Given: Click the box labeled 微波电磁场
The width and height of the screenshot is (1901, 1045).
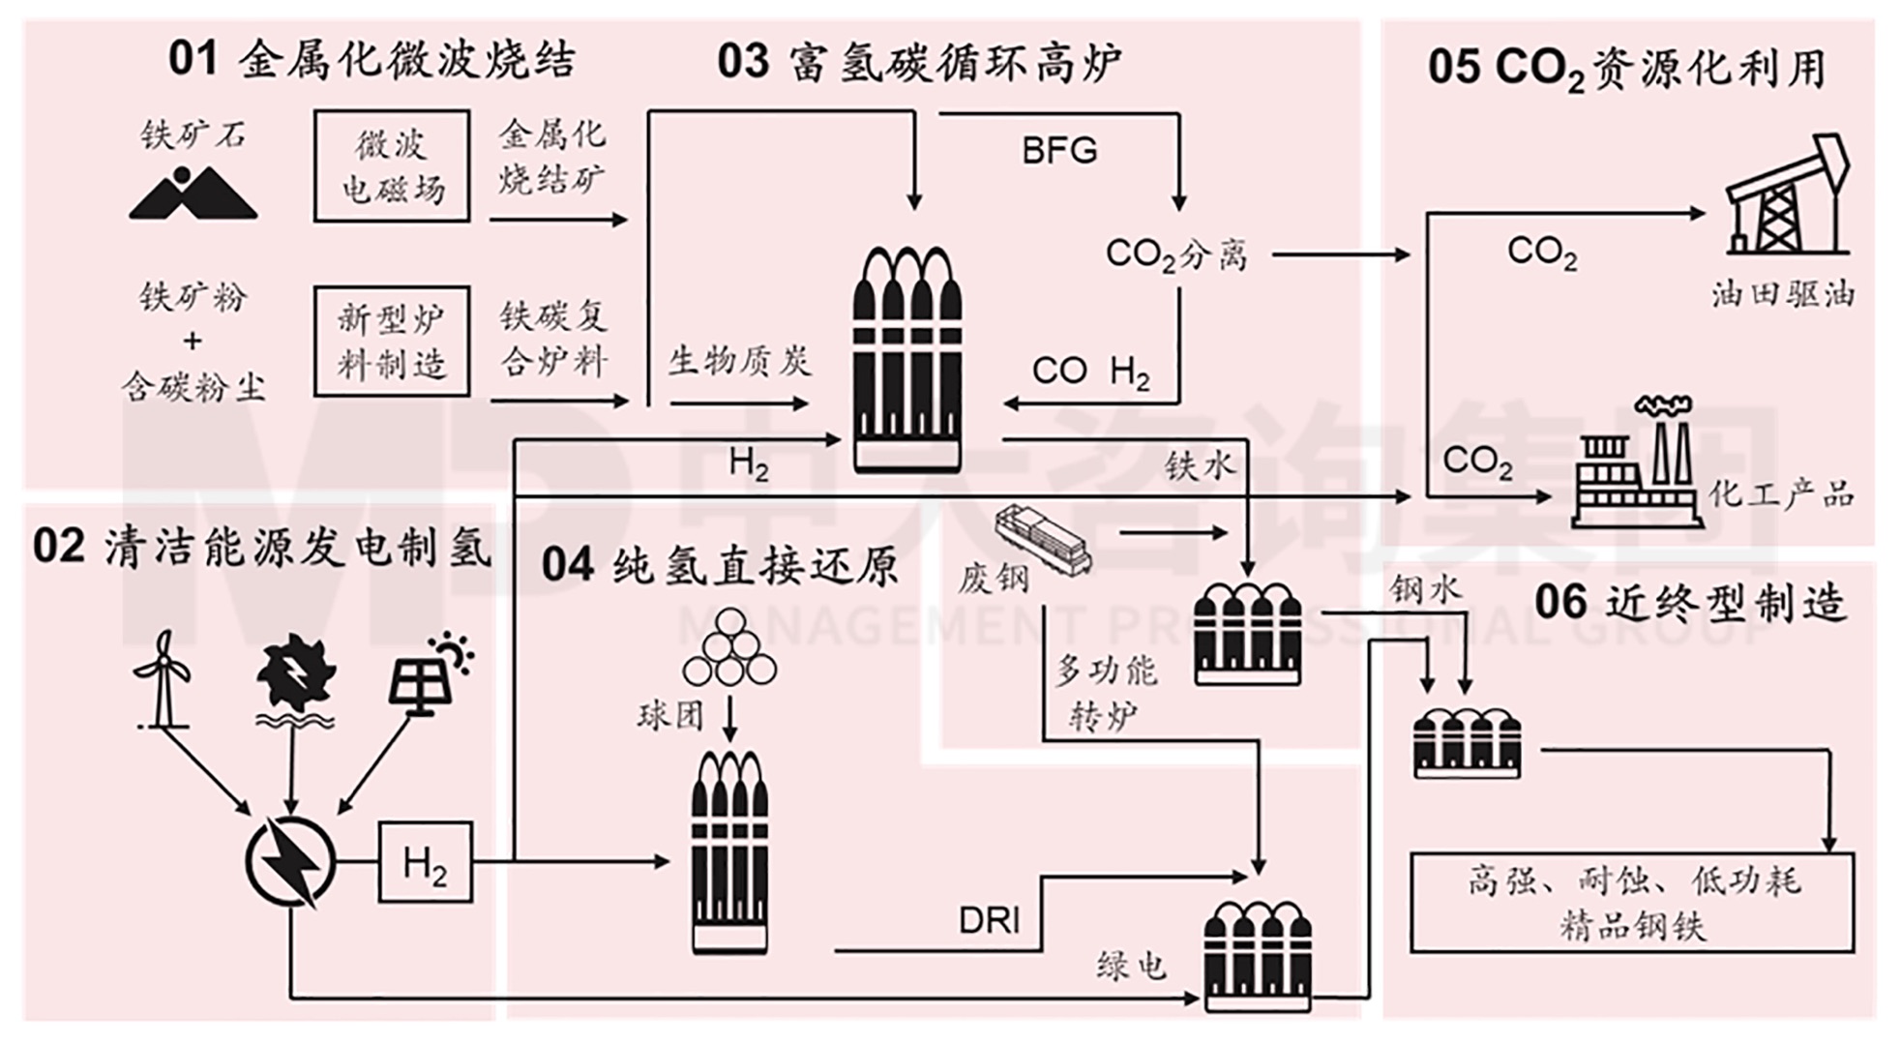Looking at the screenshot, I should click(x=392, y=165).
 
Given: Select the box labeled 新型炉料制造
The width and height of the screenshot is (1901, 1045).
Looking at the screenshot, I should click(x=392, y=341).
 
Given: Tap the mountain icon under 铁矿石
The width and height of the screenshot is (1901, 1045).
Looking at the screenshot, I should click(x=193, y=194).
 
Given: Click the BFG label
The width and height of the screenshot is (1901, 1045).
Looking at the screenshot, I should click(x=1059, y=151).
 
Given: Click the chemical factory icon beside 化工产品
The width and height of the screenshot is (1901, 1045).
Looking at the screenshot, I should click(x=1635, y=464).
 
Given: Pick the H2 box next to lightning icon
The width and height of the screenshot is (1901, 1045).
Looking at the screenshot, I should click(x=425, y=862).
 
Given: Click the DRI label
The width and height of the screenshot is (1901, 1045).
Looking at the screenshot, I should click(x=989, y=920).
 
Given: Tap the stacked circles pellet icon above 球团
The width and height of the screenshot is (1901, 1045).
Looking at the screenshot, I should click(x=729, y=649).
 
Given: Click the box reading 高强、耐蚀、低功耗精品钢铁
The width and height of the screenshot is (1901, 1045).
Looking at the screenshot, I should click(x=1632, y=902).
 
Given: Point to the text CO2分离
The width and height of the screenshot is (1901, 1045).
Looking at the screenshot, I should click(x=1175, y=254).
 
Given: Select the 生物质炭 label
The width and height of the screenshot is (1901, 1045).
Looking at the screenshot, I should click(x=739, y=361).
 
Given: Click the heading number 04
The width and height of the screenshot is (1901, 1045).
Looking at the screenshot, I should click(x=567, y=565).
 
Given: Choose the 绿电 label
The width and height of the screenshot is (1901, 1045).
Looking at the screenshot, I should click(x=1130, y=965).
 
